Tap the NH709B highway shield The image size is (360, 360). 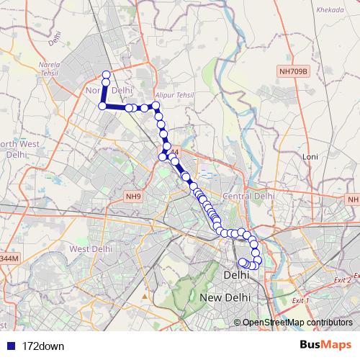point(294,72)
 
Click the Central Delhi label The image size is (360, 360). point(249,196)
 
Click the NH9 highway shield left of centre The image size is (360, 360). point(133,196)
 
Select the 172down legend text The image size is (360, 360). point(43,346)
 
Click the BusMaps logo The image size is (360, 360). point(325,346)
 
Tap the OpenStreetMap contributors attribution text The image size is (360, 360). point(297,323)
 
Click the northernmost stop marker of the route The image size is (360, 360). point(107,75)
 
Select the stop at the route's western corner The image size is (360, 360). point(102,106)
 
